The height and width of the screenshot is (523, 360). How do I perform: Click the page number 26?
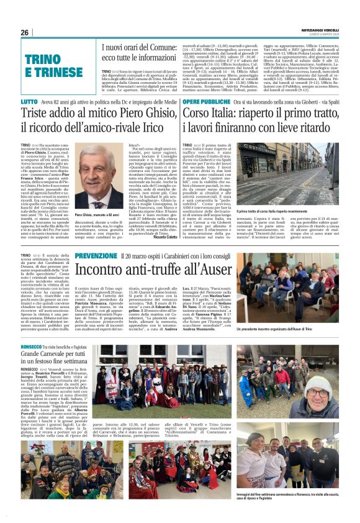[x=25, y=32]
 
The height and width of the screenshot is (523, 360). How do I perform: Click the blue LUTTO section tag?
[x=29, y=101]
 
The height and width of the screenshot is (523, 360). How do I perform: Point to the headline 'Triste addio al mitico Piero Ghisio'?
[x=90, y=118]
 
